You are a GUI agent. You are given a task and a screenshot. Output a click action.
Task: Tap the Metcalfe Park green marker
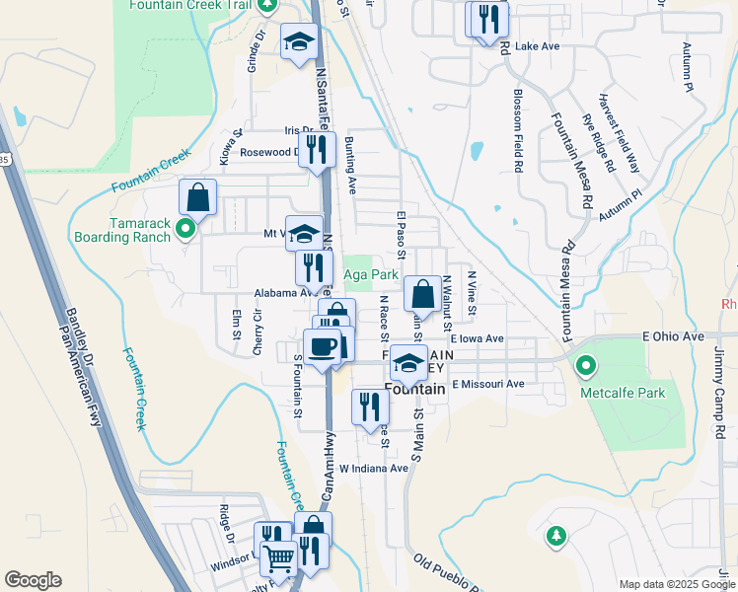(587, 369)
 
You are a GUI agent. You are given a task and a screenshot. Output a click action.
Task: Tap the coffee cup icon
(322, 346)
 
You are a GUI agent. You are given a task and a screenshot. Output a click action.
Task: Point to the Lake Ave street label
(537, 45)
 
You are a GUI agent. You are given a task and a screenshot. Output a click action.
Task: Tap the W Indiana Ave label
(373, 468)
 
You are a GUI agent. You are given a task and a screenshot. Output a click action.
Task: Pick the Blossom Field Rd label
(518, 131)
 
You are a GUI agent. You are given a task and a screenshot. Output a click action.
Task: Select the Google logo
(33, 579)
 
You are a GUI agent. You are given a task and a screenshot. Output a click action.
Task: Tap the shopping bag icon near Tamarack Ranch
(197, 196)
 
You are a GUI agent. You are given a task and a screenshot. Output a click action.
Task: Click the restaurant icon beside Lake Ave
(486, 19)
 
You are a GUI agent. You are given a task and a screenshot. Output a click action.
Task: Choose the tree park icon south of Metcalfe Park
(555, 536)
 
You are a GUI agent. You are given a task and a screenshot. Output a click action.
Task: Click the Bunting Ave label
(351, 165)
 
